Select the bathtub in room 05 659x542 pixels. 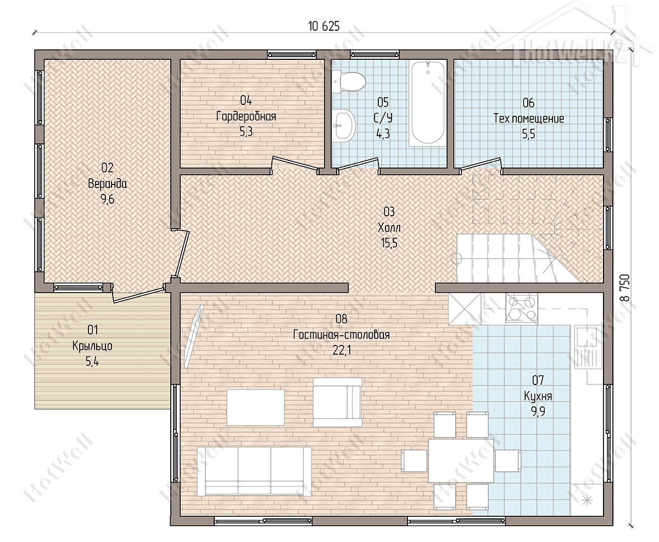coord(427,103)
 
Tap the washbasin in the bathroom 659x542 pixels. coord(343,125)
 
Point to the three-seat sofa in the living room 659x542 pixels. coord(254,471)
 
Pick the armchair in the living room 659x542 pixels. coord(337,402)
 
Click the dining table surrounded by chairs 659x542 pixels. coord(461,461)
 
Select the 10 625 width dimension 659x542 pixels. coord(323,26)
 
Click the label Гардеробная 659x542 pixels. coord(246,117)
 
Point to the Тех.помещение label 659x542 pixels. coord(529,119)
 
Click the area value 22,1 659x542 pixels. coord(342,350)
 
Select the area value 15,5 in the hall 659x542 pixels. coord(389,243)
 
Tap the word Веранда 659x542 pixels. coord(107,183)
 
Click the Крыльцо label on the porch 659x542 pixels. coord(92,346)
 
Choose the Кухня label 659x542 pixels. coord(538,396)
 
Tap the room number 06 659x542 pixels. coord(528,103)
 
